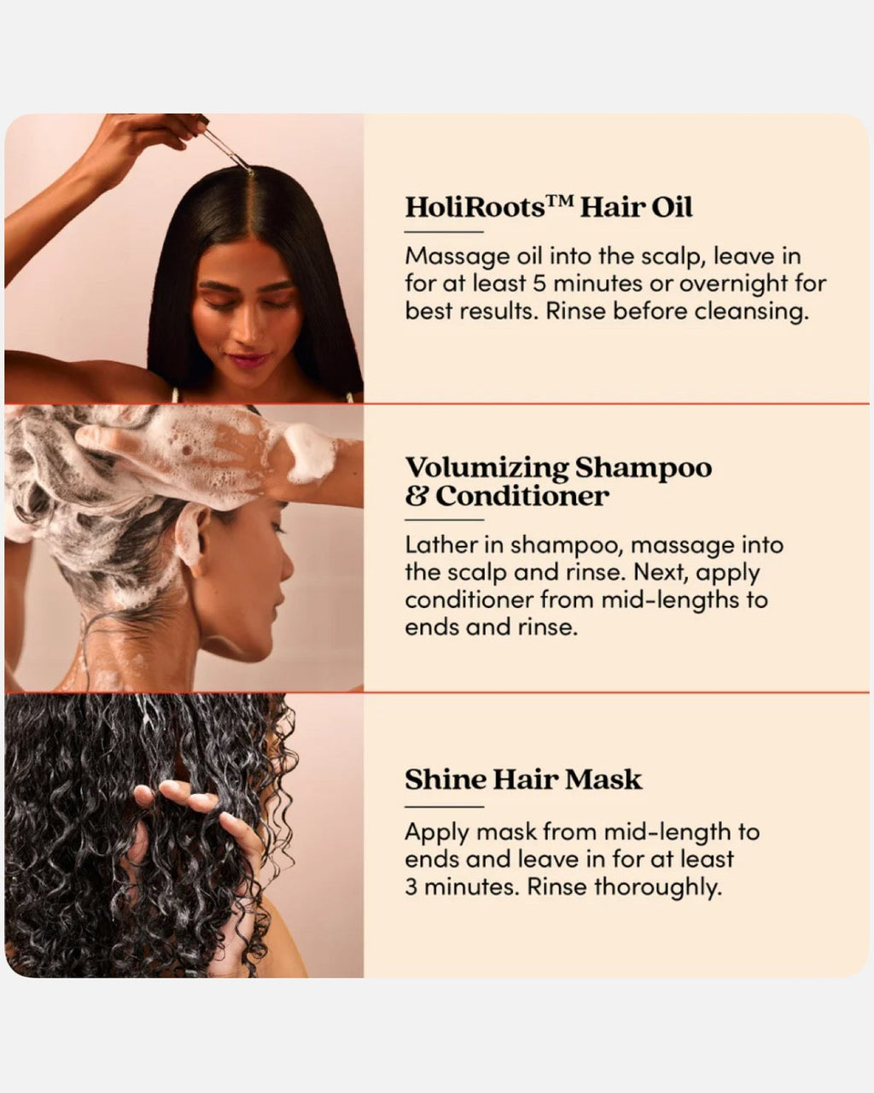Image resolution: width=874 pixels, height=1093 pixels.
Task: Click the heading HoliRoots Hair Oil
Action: pos(548,207)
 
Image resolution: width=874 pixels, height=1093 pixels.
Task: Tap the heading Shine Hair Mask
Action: pos(522,780)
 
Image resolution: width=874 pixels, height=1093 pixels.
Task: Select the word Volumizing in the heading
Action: pos(486,468)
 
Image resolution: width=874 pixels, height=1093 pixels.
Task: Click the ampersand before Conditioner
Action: pos(417,496)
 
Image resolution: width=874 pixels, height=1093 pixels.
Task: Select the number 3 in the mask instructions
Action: pos(411,887)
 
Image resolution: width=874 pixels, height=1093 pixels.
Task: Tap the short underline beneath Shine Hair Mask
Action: pos(444,806)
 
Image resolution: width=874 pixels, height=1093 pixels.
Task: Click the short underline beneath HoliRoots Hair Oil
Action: pos(444,231)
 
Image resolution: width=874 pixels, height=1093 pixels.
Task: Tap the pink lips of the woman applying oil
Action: pos(248,359)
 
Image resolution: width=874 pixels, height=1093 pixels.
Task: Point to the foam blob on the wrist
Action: pos(308,452)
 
